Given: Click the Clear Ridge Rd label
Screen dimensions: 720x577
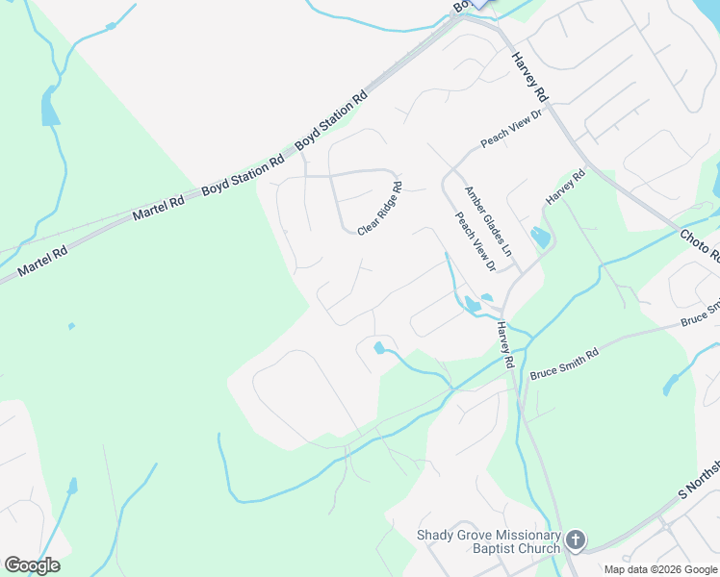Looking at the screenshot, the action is pos(378,210).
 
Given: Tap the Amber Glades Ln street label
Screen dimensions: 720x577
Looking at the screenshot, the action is pos(488,220).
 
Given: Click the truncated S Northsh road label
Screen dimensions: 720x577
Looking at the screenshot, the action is pos(699,478).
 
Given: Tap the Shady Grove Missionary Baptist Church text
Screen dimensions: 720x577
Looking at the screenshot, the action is pos(488,542).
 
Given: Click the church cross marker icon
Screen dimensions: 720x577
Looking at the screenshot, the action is pos(576,539).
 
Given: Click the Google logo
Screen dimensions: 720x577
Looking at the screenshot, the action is pos(32,565).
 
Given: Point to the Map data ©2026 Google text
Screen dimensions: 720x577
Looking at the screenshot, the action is pos(661,569).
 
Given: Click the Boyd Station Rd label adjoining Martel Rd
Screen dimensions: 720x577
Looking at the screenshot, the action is pos(243,174).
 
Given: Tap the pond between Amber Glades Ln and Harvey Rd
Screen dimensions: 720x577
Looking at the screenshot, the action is pos(540,237).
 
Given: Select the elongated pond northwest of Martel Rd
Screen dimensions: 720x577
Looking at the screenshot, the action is pos(49,107).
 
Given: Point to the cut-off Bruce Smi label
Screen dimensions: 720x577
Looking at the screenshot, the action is pos(700,314).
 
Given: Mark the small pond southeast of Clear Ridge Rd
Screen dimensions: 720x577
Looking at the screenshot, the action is pos(379,347).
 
